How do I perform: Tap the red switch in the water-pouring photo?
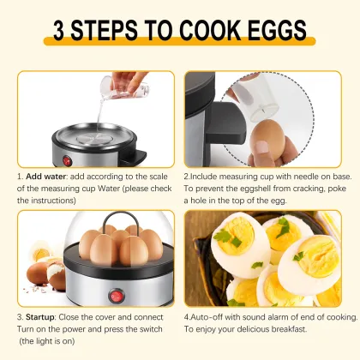click(x=63, y=158)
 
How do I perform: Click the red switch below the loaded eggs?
click(x=112, y=296)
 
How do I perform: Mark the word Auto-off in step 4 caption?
click(x=211, y=315)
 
